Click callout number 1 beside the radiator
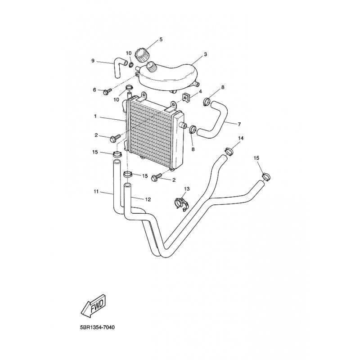click(95, 117)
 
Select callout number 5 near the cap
click(162, 40)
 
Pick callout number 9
click(93, 61)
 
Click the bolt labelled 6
click(107, 91)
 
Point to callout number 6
click(95, 90)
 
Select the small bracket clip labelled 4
click(185, 97)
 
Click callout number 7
click(239, 124)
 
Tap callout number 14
click(241, 138)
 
